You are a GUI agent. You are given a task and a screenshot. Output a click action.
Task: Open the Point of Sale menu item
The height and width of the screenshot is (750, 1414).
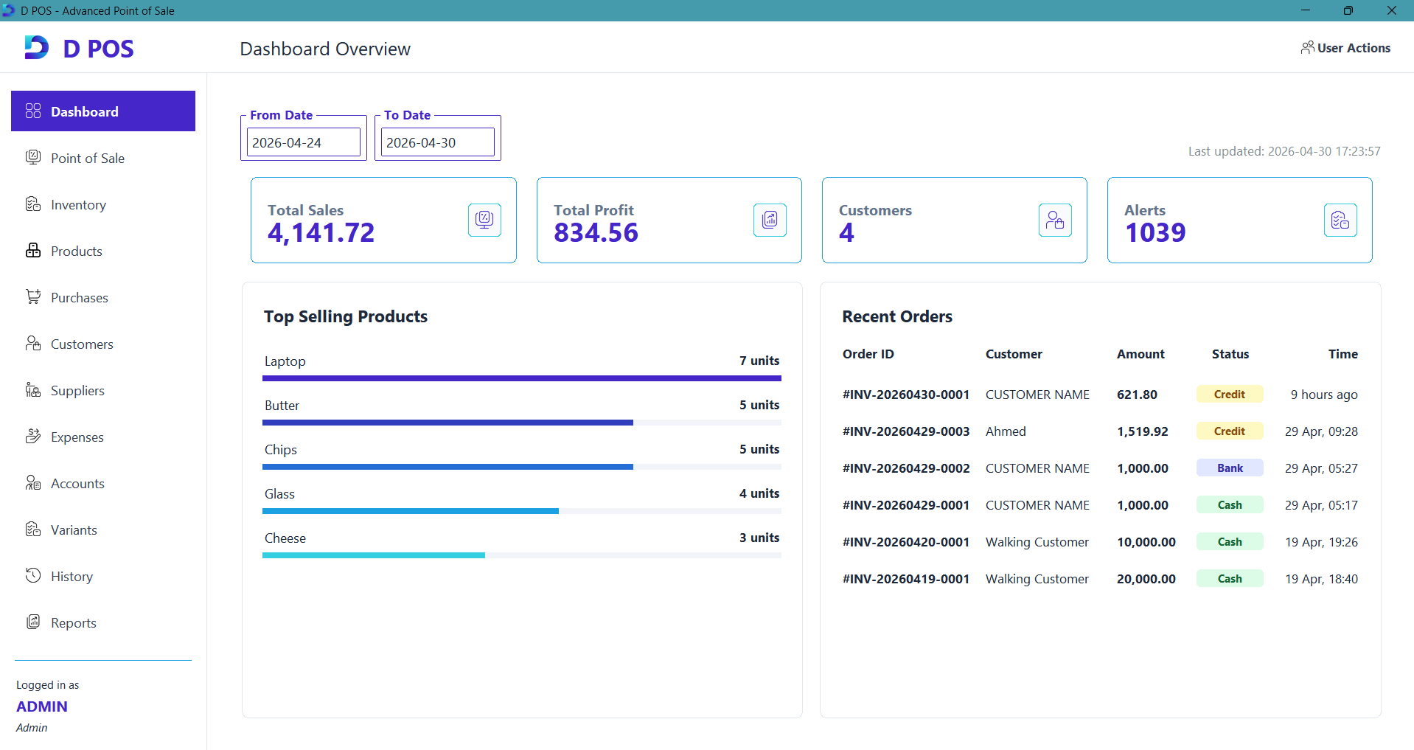click(x=87, y=159)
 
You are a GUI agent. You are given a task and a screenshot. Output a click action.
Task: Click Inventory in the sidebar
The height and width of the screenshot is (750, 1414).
click(x=78, y=205)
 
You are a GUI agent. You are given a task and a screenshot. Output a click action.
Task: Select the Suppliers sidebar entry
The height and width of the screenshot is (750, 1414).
click(x=77, y=391)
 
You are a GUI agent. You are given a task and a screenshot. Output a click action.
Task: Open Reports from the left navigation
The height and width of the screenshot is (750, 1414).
click(x=73, y=623)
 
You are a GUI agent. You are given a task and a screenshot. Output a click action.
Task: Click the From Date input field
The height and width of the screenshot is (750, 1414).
click(x=304, y=142)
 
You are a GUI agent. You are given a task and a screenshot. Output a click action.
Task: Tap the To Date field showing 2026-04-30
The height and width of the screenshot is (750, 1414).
click(x=438, y=142)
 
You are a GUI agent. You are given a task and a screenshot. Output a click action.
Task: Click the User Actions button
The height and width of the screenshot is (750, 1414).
click(x=1345, y=48)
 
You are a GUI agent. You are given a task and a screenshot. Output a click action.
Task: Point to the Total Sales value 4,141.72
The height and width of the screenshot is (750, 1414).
click(x=321, y=233)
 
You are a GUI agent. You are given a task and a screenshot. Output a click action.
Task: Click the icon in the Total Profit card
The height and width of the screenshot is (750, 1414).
click(x=770, y=220)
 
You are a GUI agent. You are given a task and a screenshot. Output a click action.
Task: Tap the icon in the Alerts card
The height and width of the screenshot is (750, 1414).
click(x=1340, y=220)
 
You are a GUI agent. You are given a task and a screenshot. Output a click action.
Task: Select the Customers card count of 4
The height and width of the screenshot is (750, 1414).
click(x=846, y=233)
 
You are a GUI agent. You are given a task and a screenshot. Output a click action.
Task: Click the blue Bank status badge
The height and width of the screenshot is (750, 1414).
click(x=1230, y=468)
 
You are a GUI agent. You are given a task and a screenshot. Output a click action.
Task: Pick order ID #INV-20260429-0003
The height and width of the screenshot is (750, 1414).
click(x=906, y=431)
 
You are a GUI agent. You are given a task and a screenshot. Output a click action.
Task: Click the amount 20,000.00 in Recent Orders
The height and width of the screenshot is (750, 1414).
click(x=1146, y=579)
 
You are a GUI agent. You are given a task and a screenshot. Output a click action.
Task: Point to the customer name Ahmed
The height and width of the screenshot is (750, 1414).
click(x=1006, y=431)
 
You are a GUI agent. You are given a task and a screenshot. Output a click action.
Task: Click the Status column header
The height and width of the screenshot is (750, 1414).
click(x=1230, y=354)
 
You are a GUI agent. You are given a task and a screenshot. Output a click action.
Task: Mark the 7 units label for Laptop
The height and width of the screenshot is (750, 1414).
click(x=759, y=361)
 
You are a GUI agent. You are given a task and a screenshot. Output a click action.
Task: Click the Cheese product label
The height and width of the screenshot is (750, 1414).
click(x=285, y=538)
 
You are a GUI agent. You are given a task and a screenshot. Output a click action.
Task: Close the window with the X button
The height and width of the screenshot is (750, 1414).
click(x=1392, y=10)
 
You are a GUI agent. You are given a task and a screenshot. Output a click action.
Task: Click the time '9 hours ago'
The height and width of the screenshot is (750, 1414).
click(x=1324, y=395)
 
